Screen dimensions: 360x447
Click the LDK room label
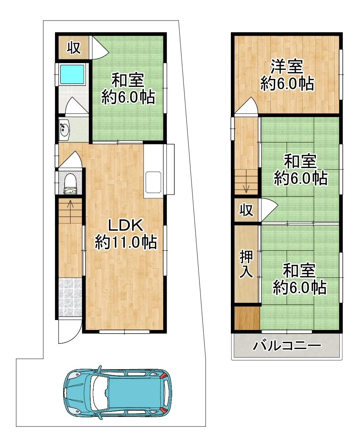click(126, 225)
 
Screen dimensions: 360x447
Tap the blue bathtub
click(72, 74)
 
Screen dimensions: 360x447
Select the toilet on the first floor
click(70, 184)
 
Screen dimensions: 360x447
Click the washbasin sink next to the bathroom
click(64, 129)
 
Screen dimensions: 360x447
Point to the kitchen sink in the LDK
click(153, 182)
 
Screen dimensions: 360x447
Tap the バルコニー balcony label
click(287, 346)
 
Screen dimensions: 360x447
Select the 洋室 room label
click(287, 67)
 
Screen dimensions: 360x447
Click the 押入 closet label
click(246, 264)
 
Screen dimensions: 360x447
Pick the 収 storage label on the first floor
click(73, 48)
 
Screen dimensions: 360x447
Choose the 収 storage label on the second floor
click(246, 210)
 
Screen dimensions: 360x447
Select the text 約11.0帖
click(126, 243)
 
